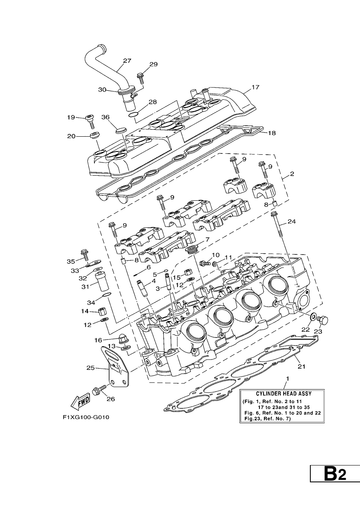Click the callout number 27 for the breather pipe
tap(127, 61)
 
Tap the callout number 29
tap(154, 64)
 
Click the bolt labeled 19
tap(90, 122)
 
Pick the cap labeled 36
tap(120, 131)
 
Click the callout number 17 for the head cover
tap(255, 87)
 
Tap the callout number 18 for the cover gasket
tap(272, 133)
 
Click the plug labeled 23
tap(323, 321)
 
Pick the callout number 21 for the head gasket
tap(301, 366)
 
